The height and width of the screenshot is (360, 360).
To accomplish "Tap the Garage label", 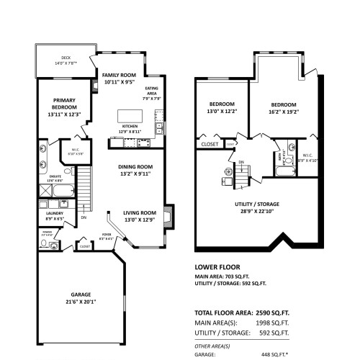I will [81, 297].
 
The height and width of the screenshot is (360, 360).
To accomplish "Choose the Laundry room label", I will [55, 215].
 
